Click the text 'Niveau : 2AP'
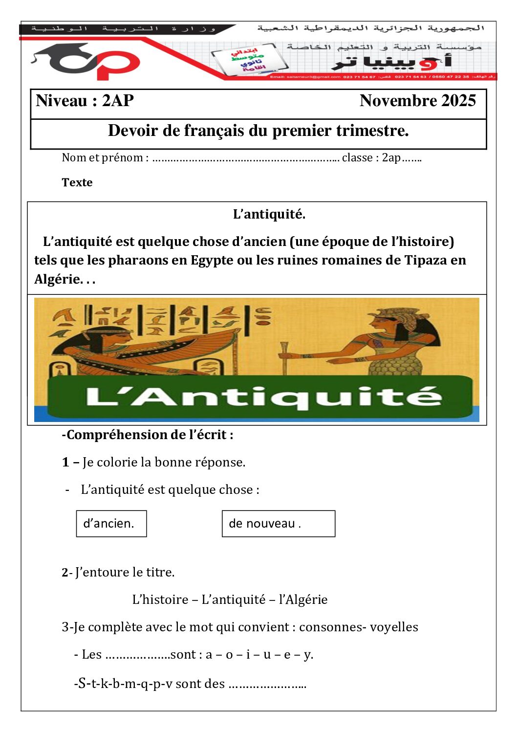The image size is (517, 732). [85, 101]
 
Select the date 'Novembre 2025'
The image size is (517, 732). [417, 101]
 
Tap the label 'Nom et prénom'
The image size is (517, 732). [103, 158]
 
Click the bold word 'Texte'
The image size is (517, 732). [77, 182]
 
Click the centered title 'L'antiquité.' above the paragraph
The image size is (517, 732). [269, 214]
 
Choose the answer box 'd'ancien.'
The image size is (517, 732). [111, 524]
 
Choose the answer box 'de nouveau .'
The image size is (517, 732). [279, 524]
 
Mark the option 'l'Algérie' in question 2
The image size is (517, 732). [303, 599]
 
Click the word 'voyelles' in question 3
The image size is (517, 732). [394, 627]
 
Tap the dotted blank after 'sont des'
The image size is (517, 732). [267, 684]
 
